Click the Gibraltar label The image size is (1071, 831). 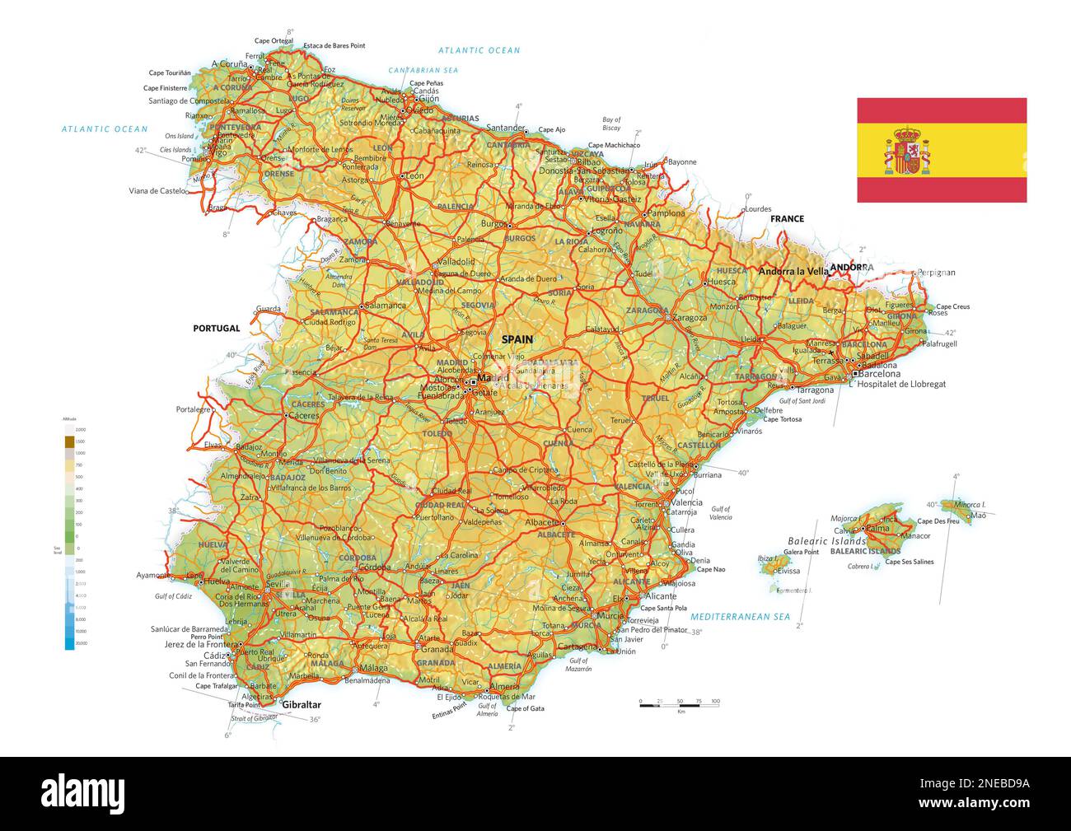(301, 705)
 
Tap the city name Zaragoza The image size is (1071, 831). (690, 317)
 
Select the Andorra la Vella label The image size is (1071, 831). (793, 271)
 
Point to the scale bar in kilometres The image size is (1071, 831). (680, 703)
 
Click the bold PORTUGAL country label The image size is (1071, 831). (217, 328)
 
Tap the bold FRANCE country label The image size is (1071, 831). (787, 218)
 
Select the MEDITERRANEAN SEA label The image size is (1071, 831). (740, 616)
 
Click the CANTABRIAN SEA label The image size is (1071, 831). (423, 70)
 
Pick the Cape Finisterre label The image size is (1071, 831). (166, 88)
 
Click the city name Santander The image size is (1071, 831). (505, 128)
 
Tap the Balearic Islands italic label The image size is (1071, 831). (826, 541)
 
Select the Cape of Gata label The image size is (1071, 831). (525, 708)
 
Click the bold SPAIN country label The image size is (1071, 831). (517, 339)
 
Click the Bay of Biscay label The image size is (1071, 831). (611, 124)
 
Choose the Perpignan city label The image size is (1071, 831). (936, 272)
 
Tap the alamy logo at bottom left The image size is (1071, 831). (83, 792)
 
